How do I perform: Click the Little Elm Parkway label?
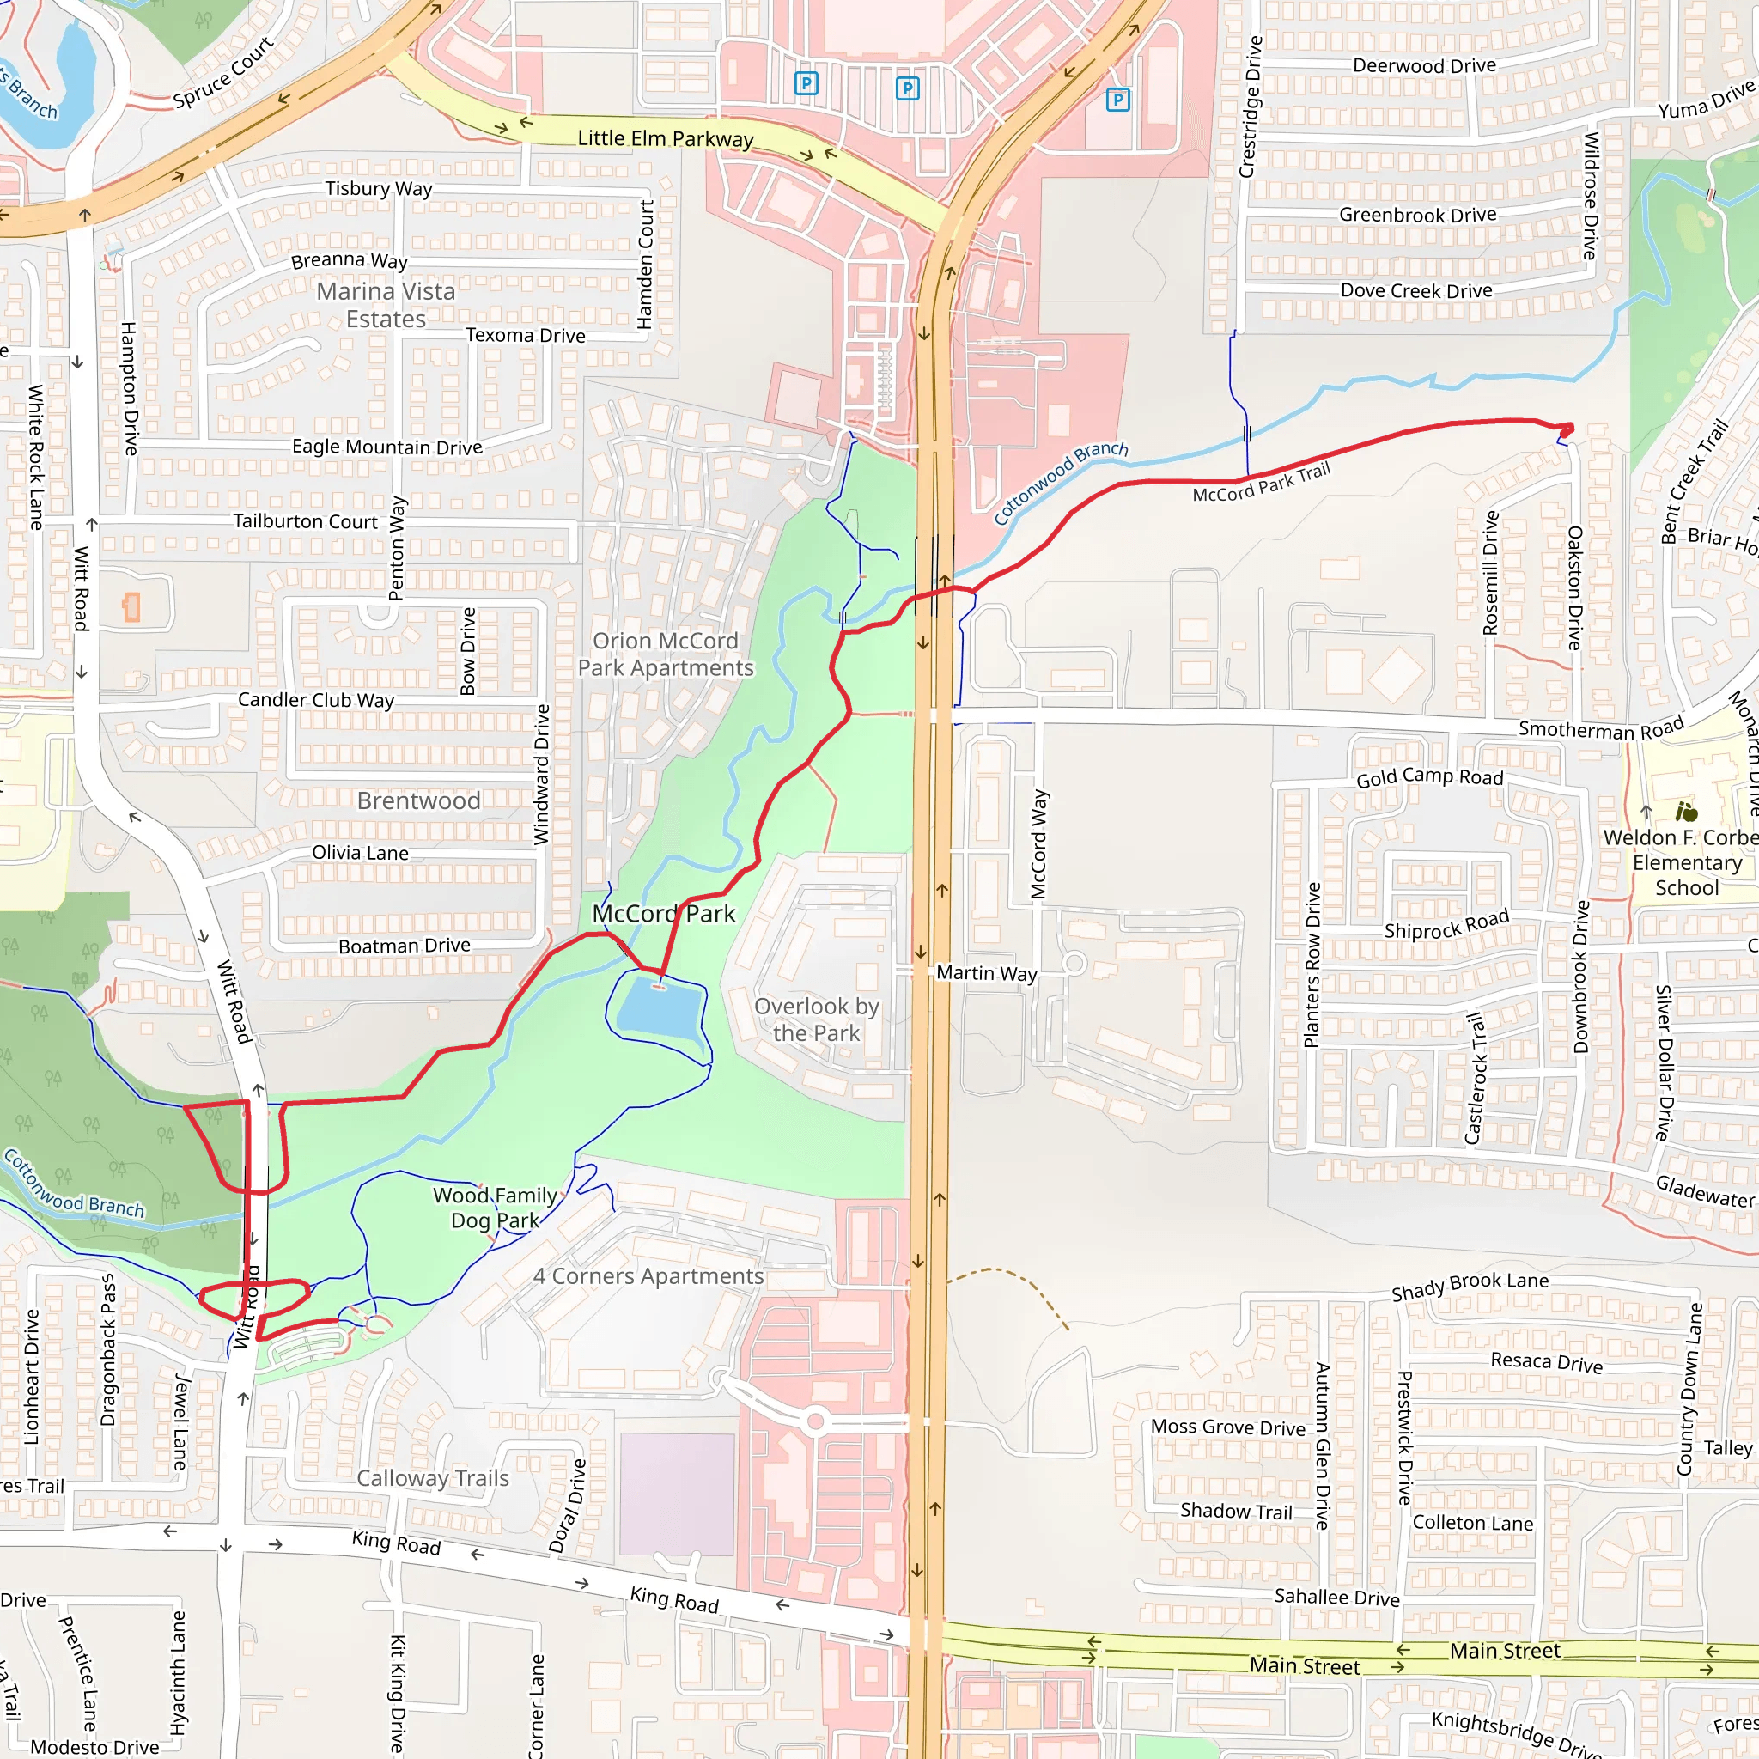(x=666, y=138)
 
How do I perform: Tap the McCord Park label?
(x=664, y=913)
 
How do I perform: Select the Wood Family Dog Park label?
(x=495, y=1208)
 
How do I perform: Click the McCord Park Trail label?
(x=1261, y=483)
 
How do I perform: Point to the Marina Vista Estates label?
(x=386, y=305)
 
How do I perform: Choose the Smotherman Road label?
(x=1601, y=729)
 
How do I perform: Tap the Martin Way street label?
(x=986, y=973)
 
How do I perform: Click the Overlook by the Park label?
(x=816, y=1019)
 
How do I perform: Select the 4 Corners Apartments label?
(x=648, y=1276)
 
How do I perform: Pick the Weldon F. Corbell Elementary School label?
(x=1686, y=862)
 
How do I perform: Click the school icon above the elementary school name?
(x=1686, y=811)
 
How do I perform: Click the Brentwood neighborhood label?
(x=418, y=800)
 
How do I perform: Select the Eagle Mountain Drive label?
(x=387, y=447)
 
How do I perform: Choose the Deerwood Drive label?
(x=1424, y=65)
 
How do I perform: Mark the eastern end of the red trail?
(x=1567, y=429)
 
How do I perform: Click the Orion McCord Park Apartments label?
(x=666, y=654)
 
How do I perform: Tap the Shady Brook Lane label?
(x=1470, y=1286)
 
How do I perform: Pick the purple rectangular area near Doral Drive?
(x=678, y=1494)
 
